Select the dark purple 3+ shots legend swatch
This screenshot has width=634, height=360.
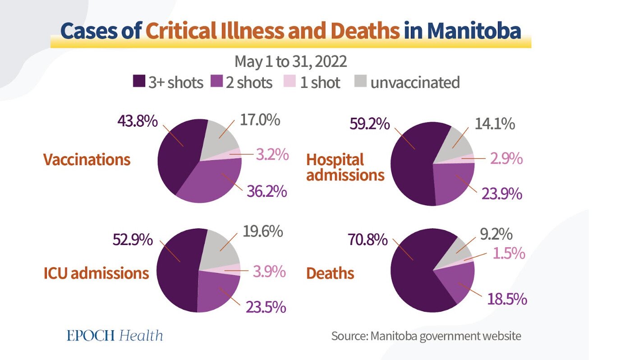139,82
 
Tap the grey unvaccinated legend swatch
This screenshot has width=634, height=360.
360,82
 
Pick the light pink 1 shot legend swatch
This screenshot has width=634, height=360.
289,82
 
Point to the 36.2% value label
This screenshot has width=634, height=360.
266,191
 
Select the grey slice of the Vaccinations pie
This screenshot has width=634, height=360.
219,138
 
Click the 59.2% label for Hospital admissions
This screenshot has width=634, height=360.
369,124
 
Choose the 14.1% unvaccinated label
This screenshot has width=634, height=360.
495,124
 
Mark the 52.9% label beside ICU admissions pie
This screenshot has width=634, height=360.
132,240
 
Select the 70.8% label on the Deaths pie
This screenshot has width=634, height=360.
367,240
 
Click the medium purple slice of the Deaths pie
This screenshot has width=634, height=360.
456,282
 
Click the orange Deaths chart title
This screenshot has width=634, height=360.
330,273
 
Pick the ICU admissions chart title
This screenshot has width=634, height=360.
96,273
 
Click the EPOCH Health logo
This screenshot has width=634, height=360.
115,335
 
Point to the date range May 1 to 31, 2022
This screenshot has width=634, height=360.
290,61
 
